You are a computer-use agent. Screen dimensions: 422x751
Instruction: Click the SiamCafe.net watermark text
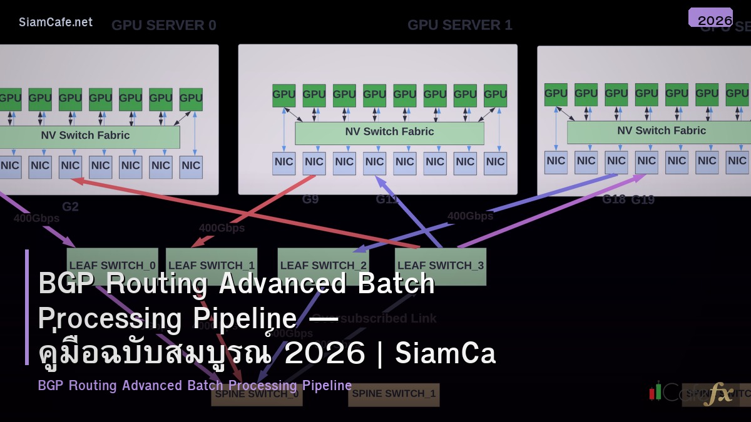coord(56,22)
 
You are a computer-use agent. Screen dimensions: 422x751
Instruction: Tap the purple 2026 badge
coord(710,18)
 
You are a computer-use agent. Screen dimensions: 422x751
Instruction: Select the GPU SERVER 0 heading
coord(164,25)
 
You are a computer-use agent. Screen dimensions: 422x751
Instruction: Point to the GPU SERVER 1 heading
coord(460,25)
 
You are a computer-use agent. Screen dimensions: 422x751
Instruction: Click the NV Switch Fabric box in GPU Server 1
coord(389,133)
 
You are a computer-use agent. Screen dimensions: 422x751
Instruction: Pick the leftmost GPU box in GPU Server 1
coord(284,95)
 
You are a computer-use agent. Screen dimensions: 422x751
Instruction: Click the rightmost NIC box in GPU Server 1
coord(495,163)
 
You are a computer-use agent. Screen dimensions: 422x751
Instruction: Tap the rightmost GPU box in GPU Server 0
coord(191,99)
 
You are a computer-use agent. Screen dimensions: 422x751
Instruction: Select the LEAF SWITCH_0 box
coord(113,265)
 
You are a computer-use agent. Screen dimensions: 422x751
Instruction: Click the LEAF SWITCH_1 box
coord(212,265)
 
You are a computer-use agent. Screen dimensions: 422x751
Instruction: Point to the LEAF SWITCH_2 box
coord(323,265)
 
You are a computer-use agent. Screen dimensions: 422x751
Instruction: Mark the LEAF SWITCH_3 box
coord(441,265)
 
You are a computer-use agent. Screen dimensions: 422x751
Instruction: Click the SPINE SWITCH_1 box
coord(394,394)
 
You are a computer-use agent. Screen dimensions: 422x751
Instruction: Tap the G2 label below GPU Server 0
coord(70,207)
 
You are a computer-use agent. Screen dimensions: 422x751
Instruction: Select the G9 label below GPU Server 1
coord(310,199)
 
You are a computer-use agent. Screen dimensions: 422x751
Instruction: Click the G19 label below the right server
coord(643,200)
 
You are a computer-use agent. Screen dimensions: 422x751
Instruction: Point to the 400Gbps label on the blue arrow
coord(470,216)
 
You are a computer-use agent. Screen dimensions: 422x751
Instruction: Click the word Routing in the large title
coord(156,283)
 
